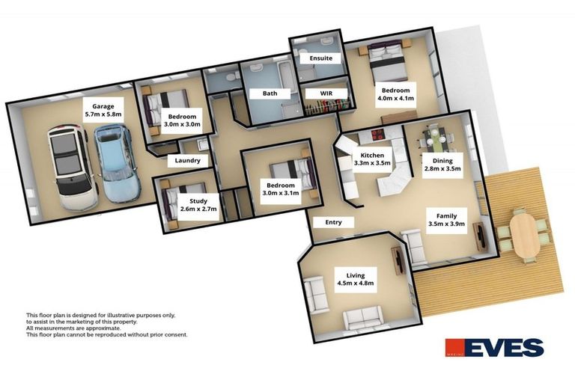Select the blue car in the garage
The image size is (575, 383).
(114, 164)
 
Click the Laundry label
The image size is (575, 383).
(187, 161)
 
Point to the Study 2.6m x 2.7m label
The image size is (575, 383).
(198, 205)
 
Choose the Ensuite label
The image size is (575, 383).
(316, 58)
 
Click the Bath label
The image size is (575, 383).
(270, 94)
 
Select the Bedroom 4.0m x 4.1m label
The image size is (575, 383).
(395, 94)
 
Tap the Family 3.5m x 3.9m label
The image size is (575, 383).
(446, 218)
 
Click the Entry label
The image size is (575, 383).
(333, 222)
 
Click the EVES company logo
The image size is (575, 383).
(493, 348)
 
